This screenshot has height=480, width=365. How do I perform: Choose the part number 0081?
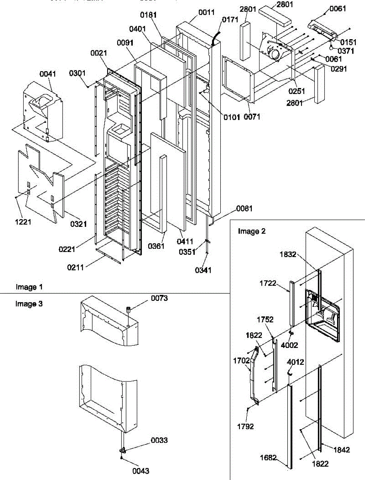coord(244,208)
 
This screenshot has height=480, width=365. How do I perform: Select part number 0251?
coord(297,92)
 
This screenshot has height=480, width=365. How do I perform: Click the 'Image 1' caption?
coord(29,287)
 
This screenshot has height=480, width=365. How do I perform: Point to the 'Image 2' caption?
coord(252,231)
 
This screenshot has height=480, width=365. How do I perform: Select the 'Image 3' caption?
coord(29,304)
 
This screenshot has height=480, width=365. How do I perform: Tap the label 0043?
coord(141,471)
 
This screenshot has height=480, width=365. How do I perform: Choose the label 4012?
coord(295,362)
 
